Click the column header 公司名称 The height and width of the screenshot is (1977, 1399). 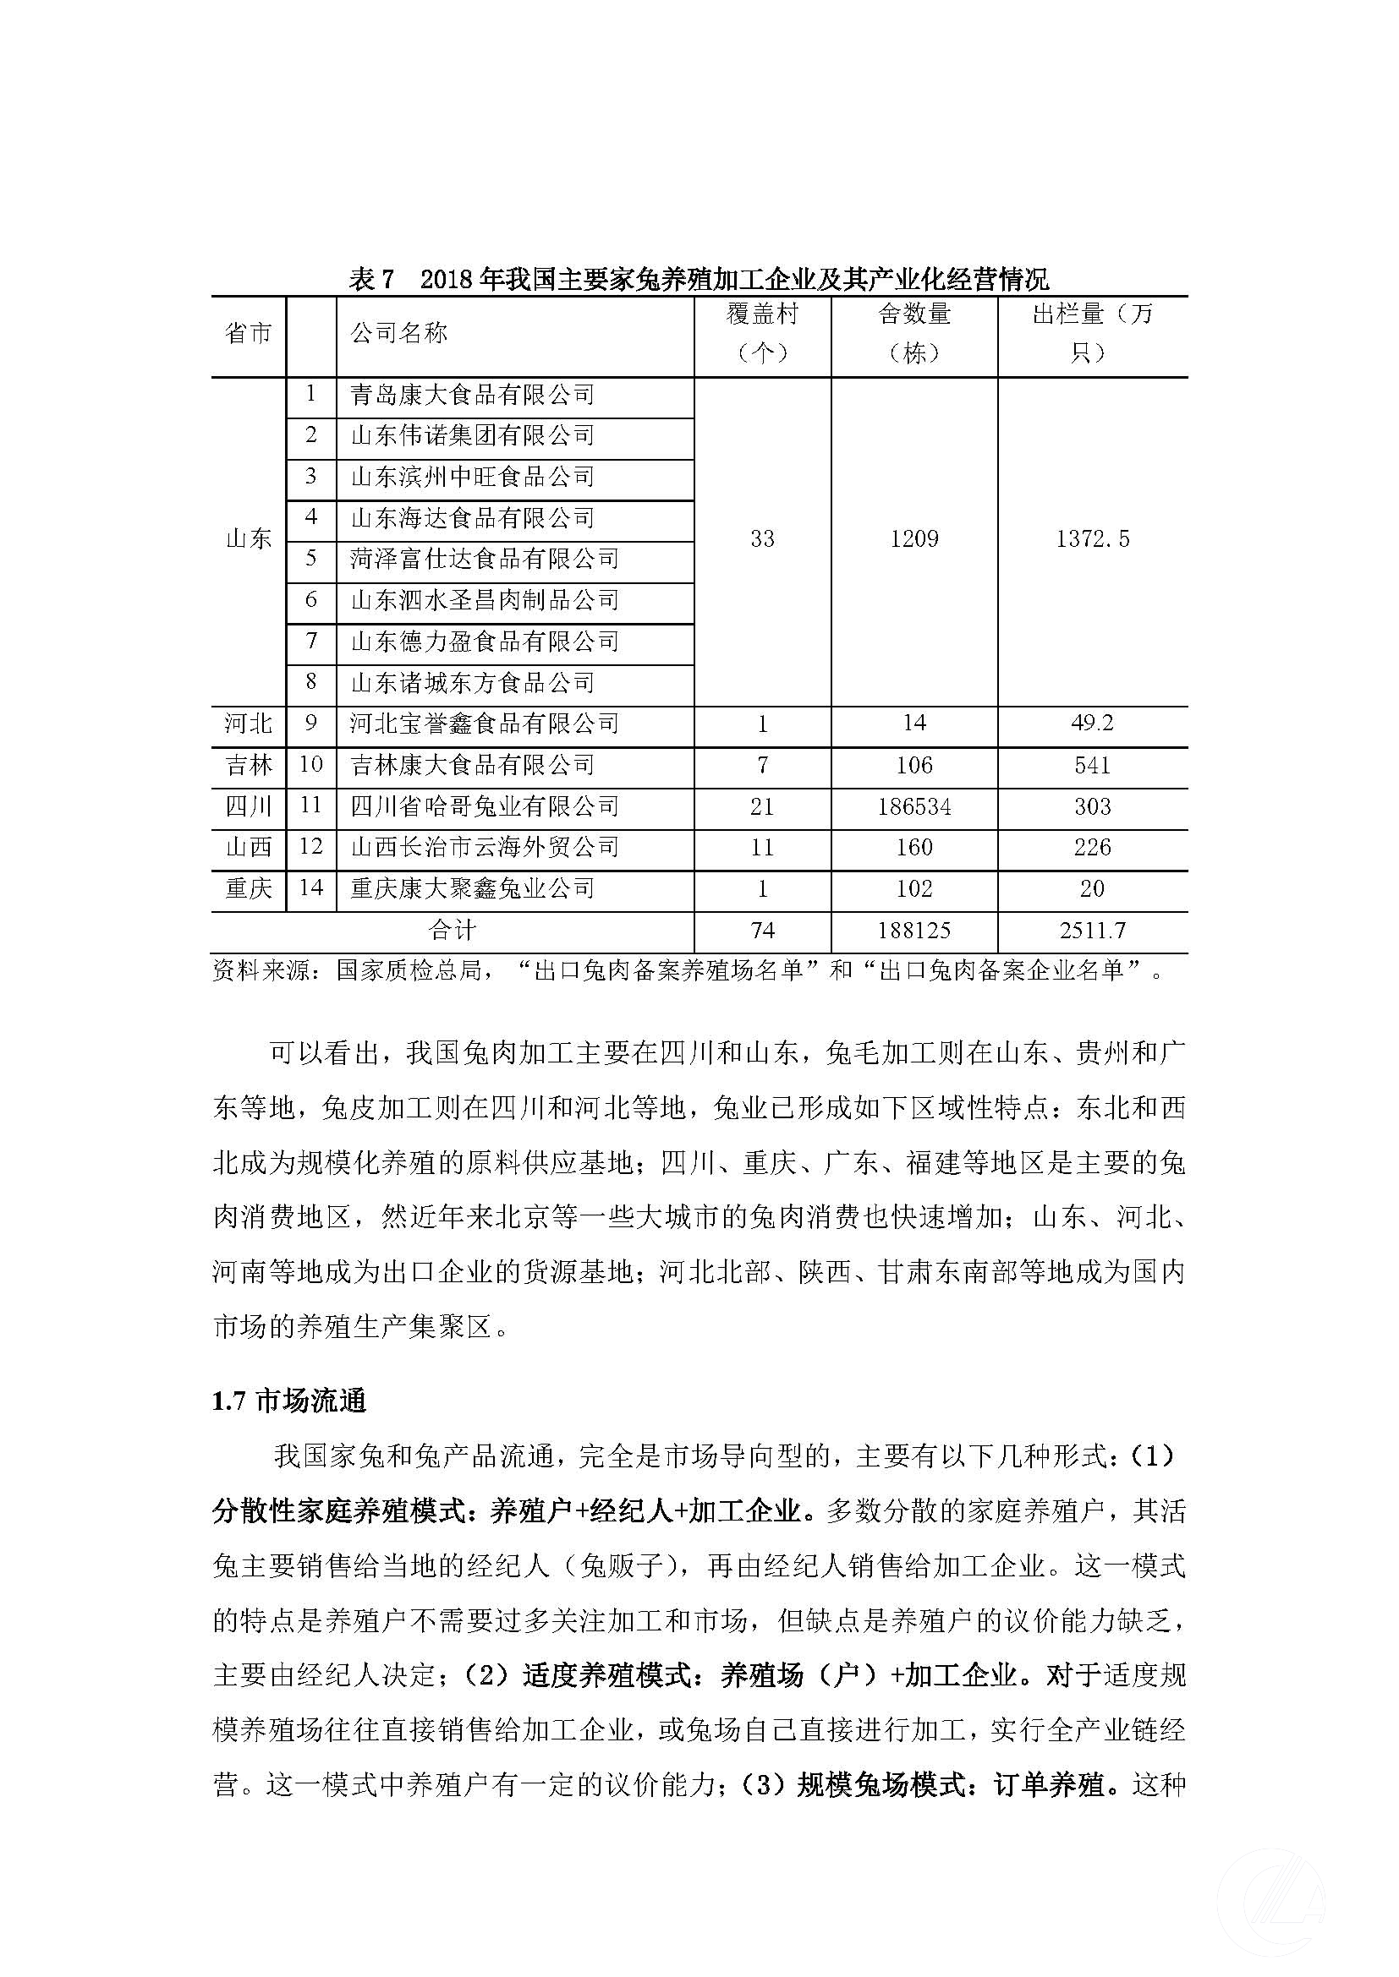point(399,333)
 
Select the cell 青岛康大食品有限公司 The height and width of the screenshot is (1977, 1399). point(472,396)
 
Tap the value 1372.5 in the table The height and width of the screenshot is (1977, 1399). point(1092,539)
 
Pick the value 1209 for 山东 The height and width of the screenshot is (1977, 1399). point(914,539)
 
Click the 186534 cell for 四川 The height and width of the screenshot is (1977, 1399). point(914,807)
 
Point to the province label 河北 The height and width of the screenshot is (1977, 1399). point(248,724)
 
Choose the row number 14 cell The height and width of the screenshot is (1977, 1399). point(310,887)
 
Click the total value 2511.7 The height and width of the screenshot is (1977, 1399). point(1092,931)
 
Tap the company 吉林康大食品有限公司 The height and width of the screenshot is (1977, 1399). point(472,765)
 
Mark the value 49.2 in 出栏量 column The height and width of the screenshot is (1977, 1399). point(1092,724)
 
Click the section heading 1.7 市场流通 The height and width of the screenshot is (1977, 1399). point(289,1401)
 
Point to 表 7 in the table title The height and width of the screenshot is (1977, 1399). point(371,279)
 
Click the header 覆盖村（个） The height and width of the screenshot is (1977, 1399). point(762,333)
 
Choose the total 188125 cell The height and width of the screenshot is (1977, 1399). point(914,931)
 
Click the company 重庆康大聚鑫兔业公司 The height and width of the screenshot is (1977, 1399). point(472,887)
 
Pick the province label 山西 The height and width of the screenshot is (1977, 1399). point(248,847)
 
